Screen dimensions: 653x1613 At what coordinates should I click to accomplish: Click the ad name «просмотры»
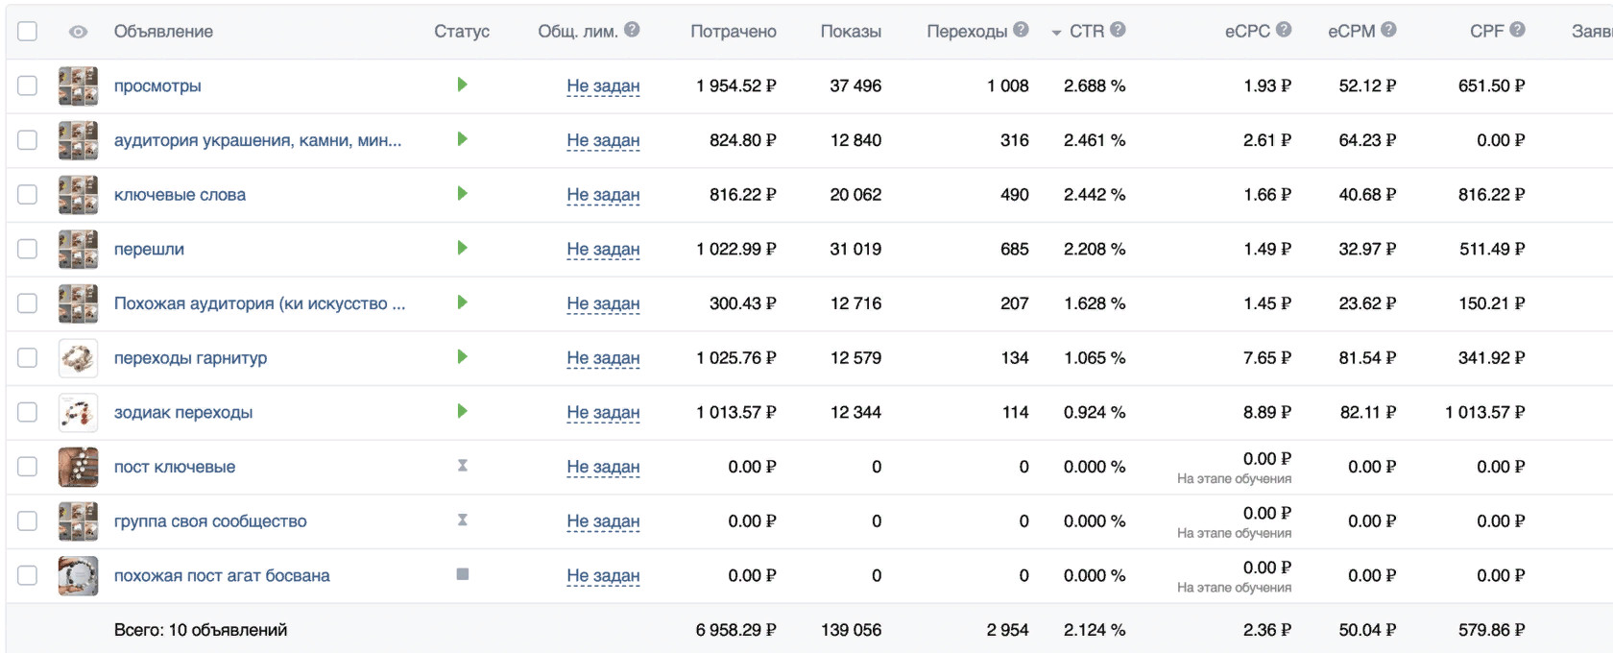(157, 86)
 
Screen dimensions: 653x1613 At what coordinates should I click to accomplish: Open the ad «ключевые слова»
(180, 195)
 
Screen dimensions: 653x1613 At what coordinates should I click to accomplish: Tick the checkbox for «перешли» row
(28, 249)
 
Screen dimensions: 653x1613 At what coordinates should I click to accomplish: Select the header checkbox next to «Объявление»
(28, 31)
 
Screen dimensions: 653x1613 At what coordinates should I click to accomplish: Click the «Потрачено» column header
(733, 32)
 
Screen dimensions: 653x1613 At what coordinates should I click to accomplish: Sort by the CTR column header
(1086, 32)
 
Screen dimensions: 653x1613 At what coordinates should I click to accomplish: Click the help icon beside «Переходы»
(1021, 30)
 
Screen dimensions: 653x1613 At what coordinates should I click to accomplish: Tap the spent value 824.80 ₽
(742, 140)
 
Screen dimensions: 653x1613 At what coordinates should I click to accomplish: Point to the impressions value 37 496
(855, 86)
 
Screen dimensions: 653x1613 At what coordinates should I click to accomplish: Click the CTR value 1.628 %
(1094, 303)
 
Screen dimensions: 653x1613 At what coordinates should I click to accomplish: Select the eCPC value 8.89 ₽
(1266, 413)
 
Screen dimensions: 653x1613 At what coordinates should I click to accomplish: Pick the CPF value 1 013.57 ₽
(1484, 413)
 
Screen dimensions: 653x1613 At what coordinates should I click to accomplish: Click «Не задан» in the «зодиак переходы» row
(603, 413)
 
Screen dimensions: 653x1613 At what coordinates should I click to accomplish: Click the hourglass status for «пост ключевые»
(463, 466)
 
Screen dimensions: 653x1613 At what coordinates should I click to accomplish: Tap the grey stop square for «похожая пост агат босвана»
(463, 574)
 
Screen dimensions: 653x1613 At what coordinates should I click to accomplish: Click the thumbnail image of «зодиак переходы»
(78, 413)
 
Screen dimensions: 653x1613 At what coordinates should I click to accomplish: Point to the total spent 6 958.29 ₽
(735, 630)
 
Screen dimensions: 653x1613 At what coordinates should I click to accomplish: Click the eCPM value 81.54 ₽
(1367, 358)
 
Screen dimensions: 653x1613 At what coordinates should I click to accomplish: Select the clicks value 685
(1014, 250)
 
